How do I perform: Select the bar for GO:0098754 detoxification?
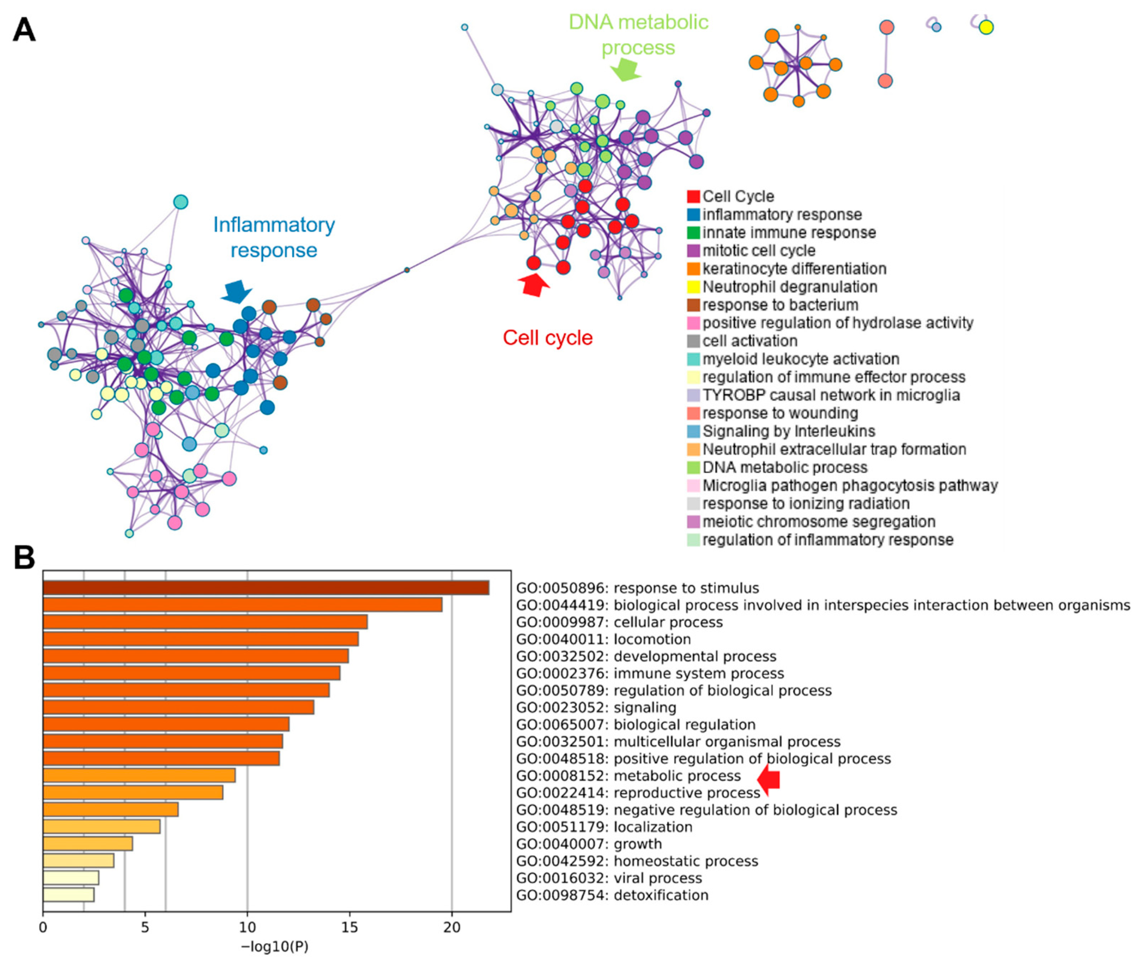click(x=68, y=895)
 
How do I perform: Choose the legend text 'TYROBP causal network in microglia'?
click(x=831, y=395)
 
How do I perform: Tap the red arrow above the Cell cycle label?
click(x=534, y=284)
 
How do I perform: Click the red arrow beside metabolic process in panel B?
click(x=769, y=778)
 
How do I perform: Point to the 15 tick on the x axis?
click(x=349, y=927)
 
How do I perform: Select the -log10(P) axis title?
click(x=275, y=947)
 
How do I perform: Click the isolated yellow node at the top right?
click(x=985, y=27)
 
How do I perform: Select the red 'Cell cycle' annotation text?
click(x=547, y=337)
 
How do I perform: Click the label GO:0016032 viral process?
click(x=609, y=878)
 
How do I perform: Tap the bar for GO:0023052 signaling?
click(x=178, y=707)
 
